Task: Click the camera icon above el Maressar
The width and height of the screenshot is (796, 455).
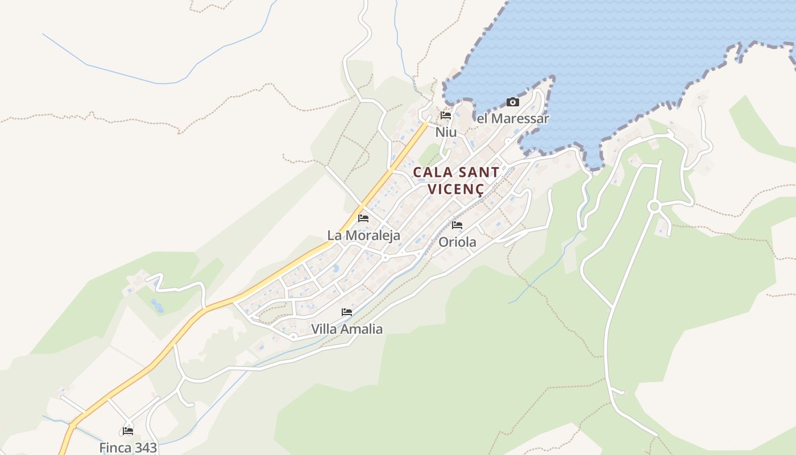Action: pos(513,102)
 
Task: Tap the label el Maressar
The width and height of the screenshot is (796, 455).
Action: pos(513,119)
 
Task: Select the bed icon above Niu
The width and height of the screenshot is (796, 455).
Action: pos(446,115)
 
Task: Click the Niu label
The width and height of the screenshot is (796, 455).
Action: pos(446,132)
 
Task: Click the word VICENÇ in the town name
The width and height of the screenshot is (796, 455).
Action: pos(455,189)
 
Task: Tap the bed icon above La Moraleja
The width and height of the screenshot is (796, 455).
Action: pos(363,218)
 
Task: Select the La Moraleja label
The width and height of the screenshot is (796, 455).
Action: pos(364,235)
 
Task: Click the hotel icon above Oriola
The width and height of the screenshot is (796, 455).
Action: pos(457,225)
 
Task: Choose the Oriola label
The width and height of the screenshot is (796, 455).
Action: pos(457,242)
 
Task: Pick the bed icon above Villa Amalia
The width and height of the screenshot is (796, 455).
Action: pos(347,312)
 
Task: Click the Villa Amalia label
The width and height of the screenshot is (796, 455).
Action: pos(347,329)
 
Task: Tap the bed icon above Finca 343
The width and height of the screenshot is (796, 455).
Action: pos(128,431)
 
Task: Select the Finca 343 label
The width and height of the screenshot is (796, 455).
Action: pos(128,448)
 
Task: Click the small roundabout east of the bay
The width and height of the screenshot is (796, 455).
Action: pos(654,206)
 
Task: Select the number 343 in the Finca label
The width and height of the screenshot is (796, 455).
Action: pos(145,448)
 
